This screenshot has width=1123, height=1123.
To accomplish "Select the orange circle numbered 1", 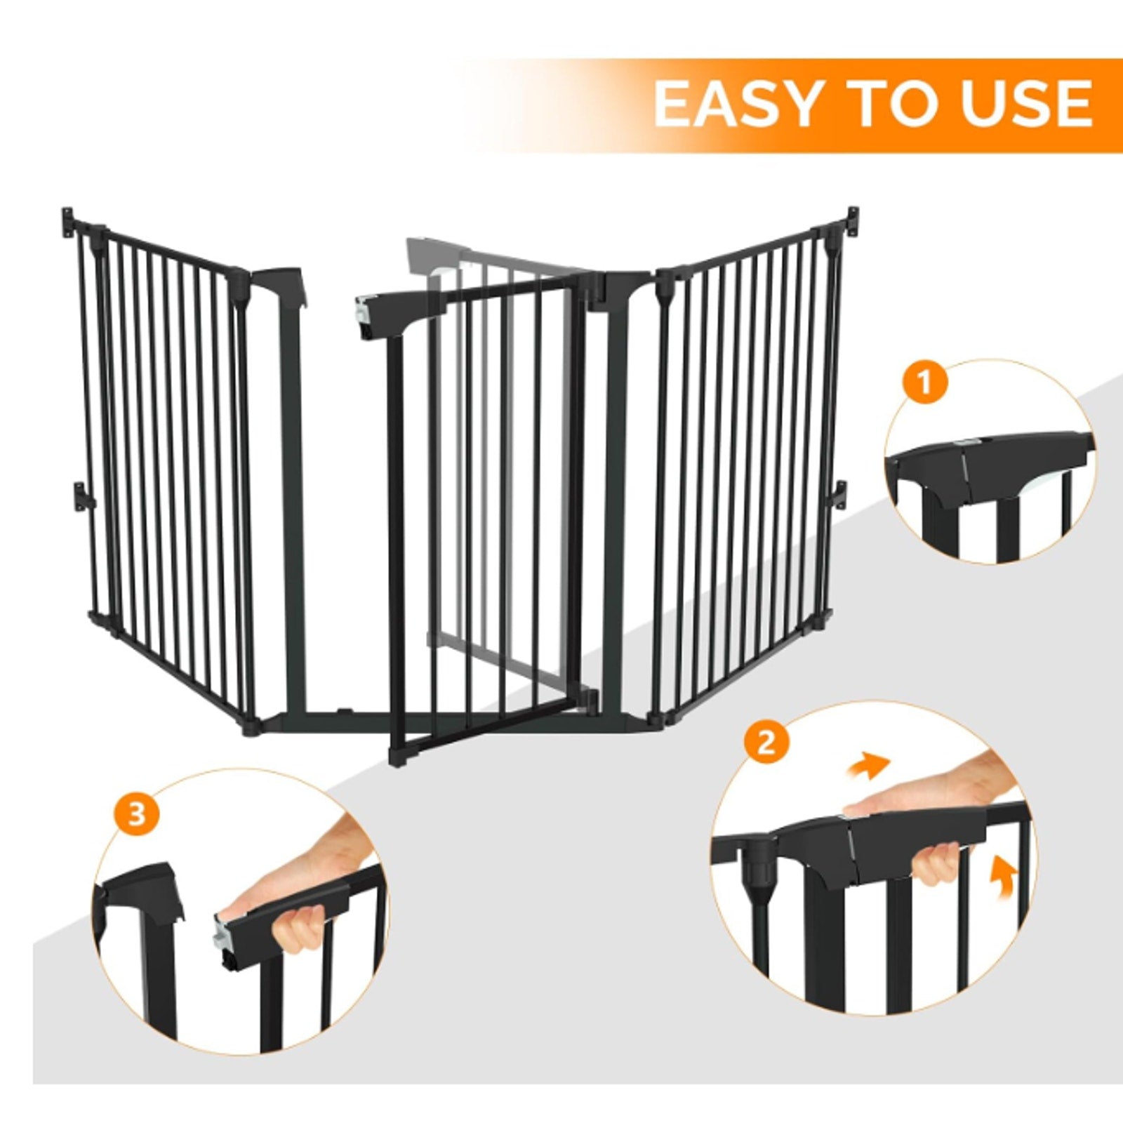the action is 925,384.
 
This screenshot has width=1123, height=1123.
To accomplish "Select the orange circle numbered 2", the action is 767,742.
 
